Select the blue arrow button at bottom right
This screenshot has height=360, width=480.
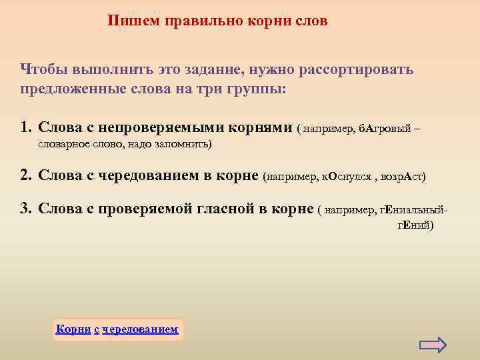433,344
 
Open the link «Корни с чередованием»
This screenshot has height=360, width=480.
117,329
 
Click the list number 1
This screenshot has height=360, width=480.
26,127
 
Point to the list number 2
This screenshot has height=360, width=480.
26,176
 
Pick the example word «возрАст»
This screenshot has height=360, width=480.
405,177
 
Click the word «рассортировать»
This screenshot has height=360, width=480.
359,69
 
